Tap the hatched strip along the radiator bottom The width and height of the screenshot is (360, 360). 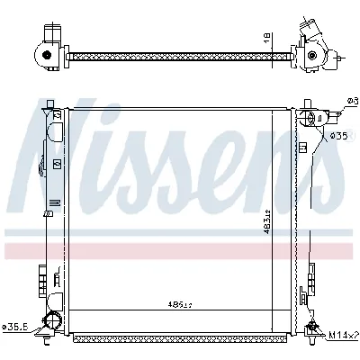point(180,341)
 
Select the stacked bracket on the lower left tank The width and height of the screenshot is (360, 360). point(42,280)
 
